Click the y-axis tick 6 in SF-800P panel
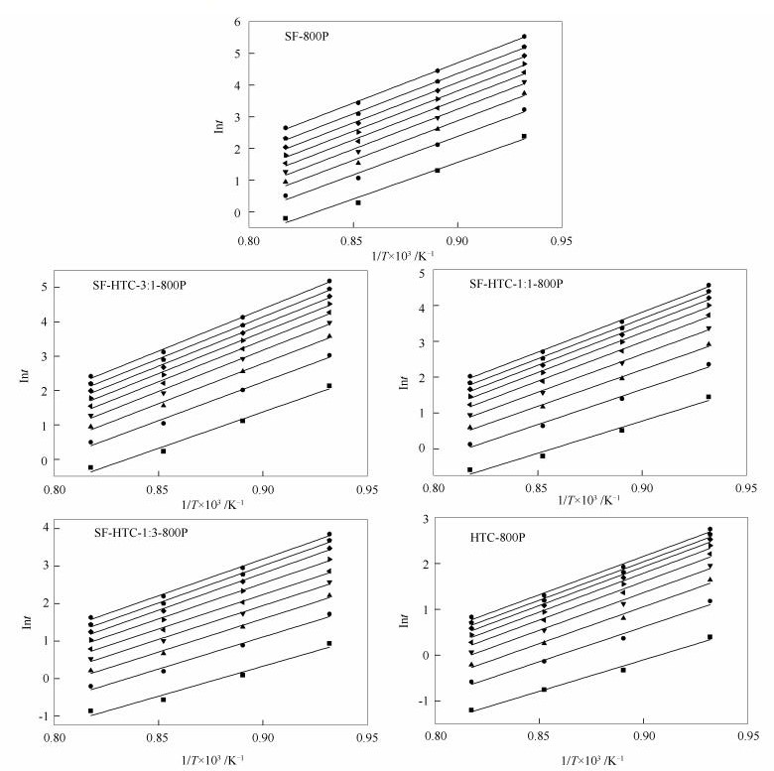coord(237,22)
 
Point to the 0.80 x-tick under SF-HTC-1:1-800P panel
coord(434,488)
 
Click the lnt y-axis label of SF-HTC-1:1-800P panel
coord(403,372)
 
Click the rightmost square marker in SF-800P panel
coord(524,137)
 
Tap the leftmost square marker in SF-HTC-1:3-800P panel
coord(90,710)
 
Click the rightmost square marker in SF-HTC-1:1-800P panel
coord(709,397)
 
